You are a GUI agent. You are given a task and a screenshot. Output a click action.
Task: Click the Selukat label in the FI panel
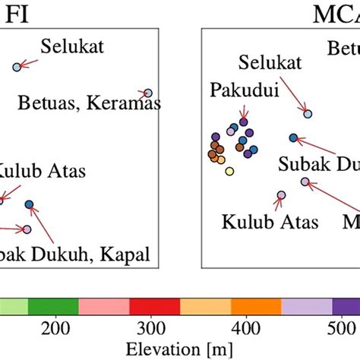(73, 47)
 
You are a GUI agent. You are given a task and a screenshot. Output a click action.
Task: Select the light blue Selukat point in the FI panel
(17, 68)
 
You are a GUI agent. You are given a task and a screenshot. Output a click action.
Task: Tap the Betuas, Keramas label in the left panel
(88, 102)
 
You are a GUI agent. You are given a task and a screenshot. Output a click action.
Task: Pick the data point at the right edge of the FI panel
(148, 93)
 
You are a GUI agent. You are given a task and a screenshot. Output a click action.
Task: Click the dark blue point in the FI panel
(29, 204)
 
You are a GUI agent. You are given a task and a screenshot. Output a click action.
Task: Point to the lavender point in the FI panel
(27, 229)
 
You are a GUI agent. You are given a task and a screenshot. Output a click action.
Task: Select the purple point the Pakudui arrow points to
(244, 122)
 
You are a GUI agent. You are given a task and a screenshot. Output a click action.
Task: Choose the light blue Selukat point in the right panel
(308, 114)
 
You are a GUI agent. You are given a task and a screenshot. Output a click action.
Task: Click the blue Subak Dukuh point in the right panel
(293, 137)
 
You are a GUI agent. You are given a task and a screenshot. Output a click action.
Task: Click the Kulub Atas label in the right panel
(260, 223)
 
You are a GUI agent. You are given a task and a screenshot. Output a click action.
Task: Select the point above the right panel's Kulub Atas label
(281, 195)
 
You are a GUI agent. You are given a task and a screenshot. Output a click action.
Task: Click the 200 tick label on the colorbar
(153, 327)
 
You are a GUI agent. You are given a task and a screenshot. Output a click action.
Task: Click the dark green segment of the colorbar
(53, 307)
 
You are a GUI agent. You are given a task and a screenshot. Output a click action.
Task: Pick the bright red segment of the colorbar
(154, 307)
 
